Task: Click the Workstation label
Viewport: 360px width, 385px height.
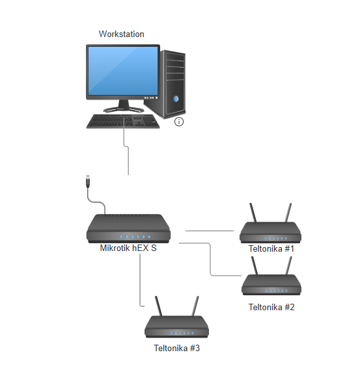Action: point(121,34)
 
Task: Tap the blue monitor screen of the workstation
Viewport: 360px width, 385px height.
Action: point(123,71)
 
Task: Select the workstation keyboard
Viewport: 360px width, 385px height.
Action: point(123,122)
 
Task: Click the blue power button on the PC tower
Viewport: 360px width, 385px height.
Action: point(176,99)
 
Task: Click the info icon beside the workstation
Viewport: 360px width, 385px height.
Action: point(179,122)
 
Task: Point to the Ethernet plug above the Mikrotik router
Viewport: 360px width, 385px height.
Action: point(88,181)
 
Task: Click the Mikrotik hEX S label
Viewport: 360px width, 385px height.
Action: point(128,248)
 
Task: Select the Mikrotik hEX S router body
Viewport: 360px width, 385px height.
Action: point(128,229)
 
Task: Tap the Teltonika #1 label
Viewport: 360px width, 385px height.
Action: point(271,248)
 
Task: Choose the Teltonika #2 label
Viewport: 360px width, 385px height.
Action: point(271,307)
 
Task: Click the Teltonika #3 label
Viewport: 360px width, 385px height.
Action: point(176,348)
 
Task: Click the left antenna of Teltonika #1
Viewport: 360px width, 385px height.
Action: point(253,213)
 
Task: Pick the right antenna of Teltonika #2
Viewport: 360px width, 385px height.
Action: point(289,266)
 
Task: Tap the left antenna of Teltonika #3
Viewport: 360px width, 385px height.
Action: point(158,306)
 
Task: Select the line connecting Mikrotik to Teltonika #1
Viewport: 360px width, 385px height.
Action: point(210,231)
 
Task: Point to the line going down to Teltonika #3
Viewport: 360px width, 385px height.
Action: point(140,280)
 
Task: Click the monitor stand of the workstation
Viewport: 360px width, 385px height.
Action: point(124,106)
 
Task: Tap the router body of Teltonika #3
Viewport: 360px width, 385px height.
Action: point(176,326)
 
